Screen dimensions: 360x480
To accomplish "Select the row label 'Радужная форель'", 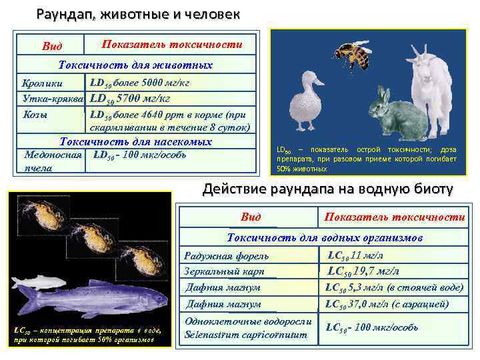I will pyautogui.click(x=226, y=256).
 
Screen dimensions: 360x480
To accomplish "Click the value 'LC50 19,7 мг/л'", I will pyautogui.click(x=363, y=271).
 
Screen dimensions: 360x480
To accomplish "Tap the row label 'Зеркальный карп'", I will pyautogui.click(x=224, y=271).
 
